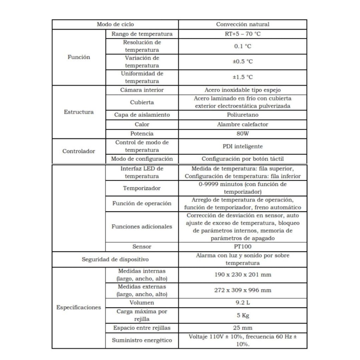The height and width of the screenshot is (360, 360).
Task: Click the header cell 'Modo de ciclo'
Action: [115, 25]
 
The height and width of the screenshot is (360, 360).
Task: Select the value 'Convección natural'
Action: [243, 25]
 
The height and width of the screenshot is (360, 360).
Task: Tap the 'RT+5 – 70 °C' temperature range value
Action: [243, 34]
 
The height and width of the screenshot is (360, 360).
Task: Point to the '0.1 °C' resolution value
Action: [243, 46]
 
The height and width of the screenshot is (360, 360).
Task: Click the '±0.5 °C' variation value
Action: [243, 62]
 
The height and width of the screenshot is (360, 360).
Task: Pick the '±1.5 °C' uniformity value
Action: [243, 77]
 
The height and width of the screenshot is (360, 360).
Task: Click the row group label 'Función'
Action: [79, 57]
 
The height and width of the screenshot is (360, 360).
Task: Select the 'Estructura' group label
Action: [79, 112]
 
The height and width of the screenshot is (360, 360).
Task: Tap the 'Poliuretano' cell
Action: [243, 115]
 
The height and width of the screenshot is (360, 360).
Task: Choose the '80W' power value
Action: [243, 134]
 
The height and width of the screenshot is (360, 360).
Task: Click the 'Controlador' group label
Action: [79, 151]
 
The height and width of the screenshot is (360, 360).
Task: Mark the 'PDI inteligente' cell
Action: [243, 146]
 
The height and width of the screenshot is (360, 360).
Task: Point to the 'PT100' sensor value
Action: [243, 246]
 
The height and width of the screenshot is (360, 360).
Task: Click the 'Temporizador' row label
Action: [142, 188]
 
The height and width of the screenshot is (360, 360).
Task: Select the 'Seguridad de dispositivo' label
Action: [115, 259]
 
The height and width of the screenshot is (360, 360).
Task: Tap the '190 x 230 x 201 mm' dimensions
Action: [243, 275]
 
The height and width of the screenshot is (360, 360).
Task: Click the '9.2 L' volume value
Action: [243, 302]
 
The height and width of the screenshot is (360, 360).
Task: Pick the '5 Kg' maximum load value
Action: [243, 315]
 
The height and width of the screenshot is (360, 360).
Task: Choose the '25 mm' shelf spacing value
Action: [243, 328]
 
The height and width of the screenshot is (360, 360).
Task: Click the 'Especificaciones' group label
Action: [79, 307]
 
